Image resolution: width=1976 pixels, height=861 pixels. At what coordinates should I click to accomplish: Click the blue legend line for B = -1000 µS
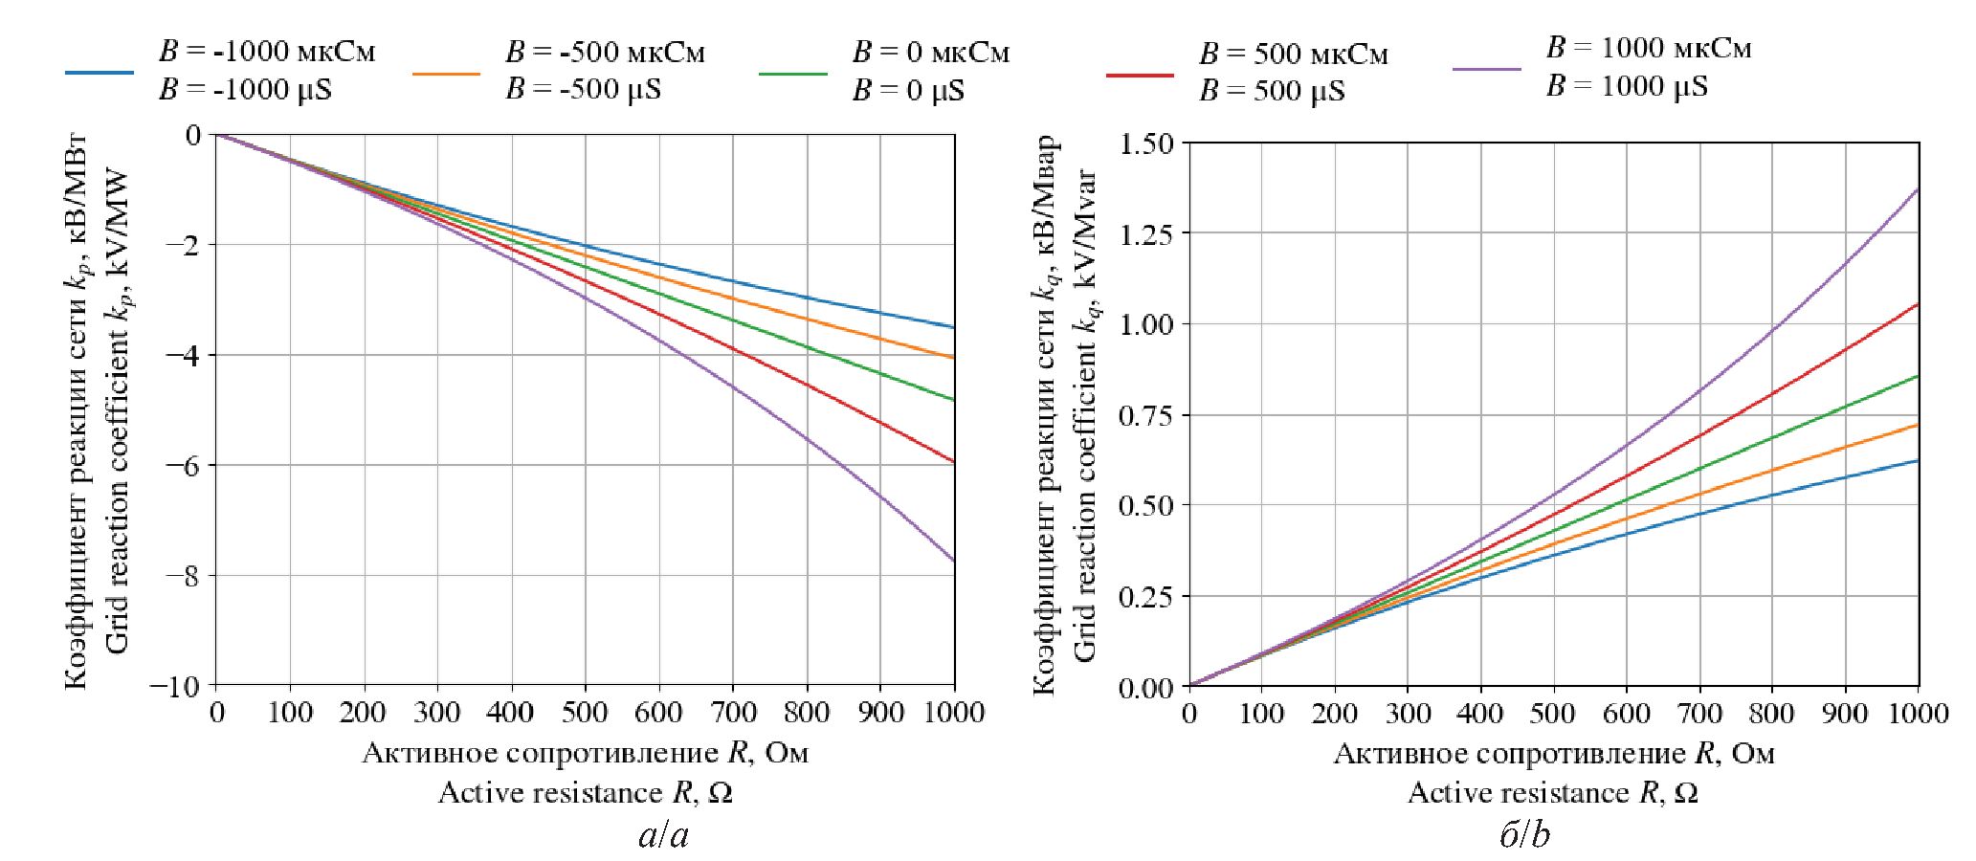point(100,72)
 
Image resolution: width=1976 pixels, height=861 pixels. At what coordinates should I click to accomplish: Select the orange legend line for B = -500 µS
point(446,73)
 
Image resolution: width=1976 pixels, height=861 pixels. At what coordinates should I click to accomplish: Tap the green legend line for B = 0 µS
point(793,73)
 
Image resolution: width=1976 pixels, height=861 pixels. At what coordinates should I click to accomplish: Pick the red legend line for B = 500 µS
point(1140,74)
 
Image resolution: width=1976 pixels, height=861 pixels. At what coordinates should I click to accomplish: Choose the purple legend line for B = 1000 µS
point(1486,69)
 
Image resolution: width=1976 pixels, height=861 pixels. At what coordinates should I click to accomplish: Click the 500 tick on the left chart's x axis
point(584,713)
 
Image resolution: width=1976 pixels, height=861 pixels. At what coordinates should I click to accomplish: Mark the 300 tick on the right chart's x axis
point(1407,714)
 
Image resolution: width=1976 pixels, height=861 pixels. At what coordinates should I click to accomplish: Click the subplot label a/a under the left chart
point(663,836)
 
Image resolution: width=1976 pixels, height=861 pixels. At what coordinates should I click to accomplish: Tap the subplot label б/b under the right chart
point(1524,836)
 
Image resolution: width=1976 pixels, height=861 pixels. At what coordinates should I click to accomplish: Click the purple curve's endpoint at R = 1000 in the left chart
point(954,561)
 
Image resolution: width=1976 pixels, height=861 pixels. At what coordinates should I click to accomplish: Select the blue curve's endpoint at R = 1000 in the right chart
point(1919,461)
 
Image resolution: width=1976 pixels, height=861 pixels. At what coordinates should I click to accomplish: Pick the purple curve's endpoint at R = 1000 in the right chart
point(1919,189)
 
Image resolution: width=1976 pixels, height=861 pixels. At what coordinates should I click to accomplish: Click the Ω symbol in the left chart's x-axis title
point(722,793)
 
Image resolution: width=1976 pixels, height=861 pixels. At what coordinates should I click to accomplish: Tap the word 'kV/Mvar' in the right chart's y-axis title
point(1085,226)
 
